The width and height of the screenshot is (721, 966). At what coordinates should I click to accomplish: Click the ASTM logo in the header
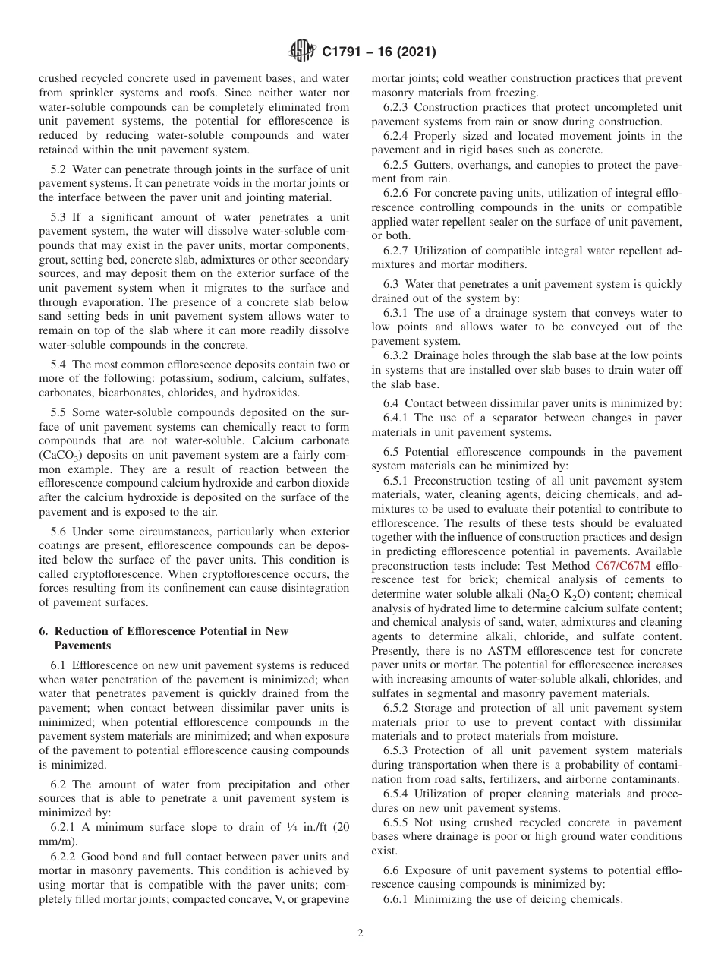click(302, 52)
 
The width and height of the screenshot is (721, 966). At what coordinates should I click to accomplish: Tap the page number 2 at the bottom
click(360, 934)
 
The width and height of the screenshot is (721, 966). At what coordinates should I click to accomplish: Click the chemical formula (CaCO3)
click(61, 455)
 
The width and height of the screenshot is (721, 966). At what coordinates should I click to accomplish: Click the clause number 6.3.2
click(401, 356)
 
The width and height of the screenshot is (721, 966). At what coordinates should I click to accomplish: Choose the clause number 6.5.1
click(401, 481)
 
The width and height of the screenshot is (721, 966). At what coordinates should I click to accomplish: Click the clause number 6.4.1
click(401, 418)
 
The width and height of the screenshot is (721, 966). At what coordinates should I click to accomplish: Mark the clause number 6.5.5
click(401, 822)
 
